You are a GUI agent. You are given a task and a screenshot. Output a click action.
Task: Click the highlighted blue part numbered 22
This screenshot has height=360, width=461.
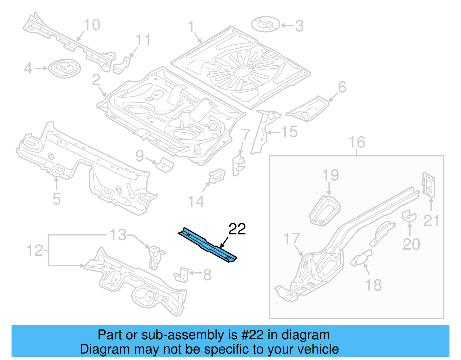pos(207,245)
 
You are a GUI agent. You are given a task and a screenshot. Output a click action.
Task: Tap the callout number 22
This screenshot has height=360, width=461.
pos(237,229)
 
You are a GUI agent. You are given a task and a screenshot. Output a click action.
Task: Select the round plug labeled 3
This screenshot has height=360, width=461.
pos(266,24)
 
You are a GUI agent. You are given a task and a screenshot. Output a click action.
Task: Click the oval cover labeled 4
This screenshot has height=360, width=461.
pos(64,68)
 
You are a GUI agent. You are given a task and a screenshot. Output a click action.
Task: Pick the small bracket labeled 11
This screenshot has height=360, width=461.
pos(122,65)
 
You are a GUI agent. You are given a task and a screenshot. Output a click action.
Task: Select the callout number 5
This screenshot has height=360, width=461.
pos(56,199)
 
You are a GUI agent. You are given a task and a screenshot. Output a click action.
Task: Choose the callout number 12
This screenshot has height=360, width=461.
pos(35,250)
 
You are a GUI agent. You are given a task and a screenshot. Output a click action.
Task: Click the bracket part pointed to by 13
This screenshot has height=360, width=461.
pos(155,257)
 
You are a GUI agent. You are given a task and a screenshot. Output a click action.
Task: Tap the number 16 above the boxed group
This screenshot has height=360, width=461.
pos(357,142)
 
